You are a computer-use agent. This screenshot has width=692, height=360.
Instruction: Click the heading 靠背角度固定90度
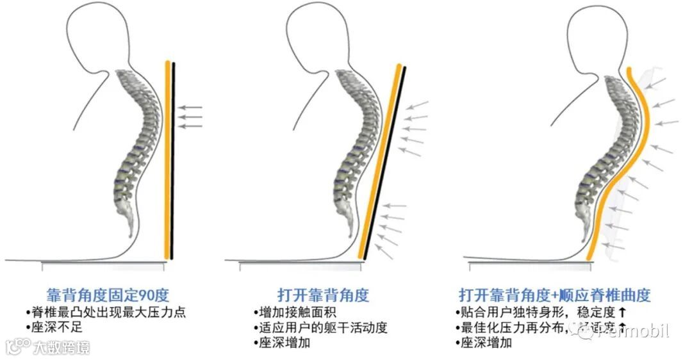click(x=108, y=295)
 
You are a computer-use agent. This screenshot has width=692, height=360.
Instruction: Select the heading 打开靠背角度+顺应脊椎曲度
click(x=555, y=295)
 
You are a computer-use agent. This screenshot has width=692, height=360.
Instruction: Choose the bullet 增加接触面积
click(x=292, y=313)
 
